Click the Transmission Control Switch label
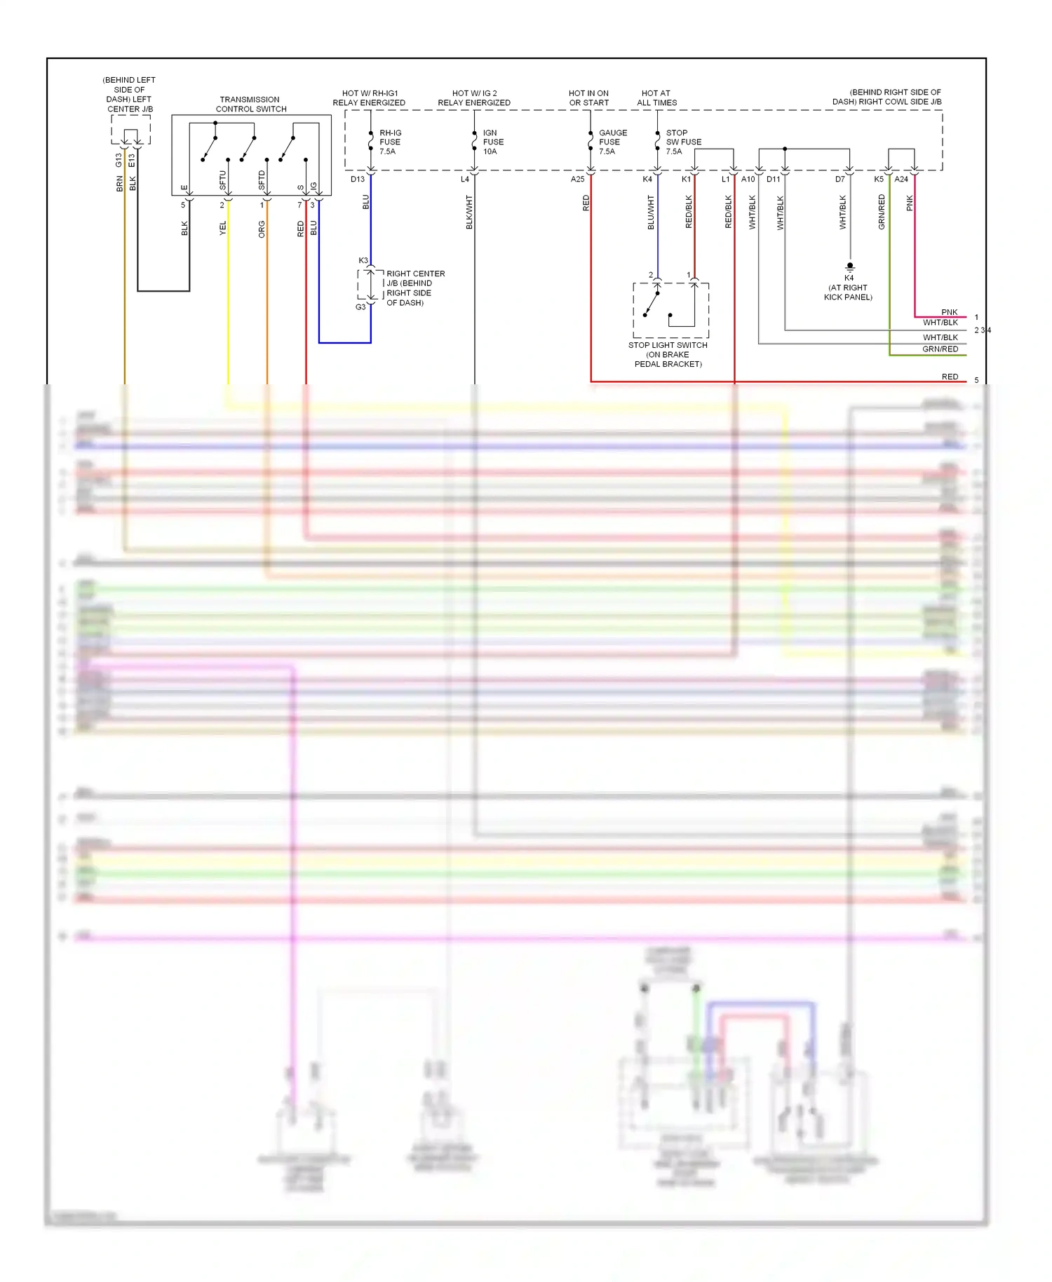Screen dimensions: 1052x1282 point(250,104)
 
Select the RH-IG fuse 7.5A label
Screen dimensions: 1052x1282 point(390,142)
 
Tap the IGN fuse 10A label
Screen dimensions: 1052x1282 point(493,142)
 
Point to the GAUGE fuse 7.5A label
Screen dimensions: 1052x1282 point(612,142)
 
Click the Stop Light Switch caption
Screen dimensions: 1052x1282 point(668,354)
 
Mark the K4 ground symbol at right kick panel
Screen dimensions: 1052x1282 point(850,266)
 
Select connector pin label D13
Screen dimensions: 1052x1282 point(358,180)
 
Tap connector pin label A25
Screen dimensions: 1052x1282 point(577,180)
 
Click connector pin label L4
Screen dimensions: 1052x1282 point(464,180)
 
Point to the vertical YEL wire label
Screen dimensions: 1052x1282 point(223,228)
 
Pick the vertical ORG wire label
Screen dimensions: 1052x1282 point(262,229)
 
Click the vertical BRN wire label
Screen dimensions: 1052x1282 point(119,184)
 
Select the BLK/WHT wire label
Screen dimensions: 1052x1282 point(469,212)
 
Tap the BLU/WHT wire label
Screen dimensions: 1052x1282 point(651,212)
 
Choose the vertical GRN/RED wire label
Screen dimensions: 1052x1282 point(882,212)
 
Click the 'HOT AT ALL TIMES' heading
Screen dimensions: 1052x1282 point(656,97)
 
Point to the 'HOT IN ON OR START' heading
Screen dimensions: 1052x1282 point(588,97)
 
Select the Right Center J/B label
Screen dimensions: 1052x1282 point(414,288)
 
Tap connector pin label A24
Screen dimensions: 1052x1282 point(901,180)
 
